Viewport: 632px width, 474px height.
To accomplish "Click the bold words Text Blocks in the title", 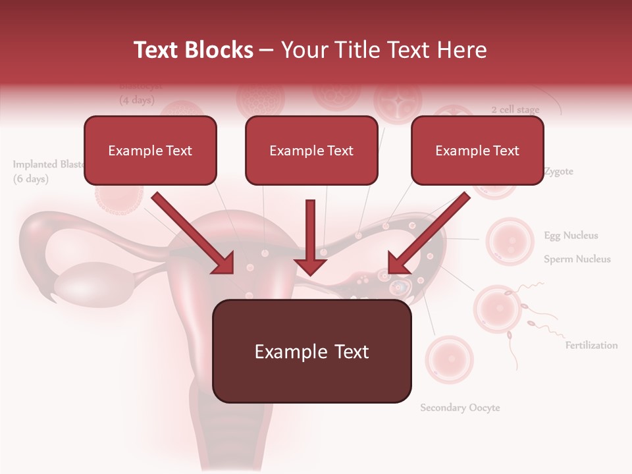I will pyautogui.click(x=193, y=50).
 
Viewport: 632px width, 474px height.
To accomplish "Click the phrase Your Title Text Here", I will pyautogui.click(x=384, y=50).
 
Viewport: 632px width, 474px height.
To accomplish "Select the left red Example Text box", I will pyautogui.click(x=150, y=151).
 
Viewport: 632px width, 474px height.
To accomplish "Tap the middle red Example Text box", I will pyautogui.click(x=311, y=151).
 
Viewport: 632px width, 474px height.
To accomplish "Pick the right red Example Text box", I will pyautogui.click(x=477, y=151).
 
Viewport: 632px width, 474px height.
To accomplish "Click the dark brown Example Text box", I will pyautogui.click(x=311, y=352).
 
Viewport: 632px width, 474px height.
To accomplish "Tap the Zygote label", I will pyautogui.click(x=558, y=172).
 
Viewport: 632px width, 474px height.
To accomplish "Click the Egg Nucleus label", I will pyautogui.click(x=571, y=236).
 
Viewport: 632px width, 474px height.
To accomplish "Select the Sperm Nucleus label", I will pyautogui.click(x=577, y=259).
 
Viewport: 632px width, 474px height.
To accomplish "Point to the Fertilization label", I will pyautogui.click(x=591, y=345).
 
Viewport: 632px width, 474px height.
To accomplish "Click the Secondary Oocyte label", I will pyautogui.click(x=460, y=408).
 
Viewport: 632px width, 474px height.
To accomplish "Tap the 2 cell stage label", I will pyautogui.click(x=515, y=110).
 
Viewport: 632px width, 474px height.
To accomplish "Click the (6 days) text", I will pyautogui.click(x=31, y=179).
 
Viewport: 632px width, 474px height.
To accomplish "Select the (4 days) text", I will pyautogui.click(x=136, y=101).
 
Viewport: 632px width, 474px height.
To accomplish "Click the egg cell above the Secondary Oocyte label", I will pyautogui.click(x=449, y=360).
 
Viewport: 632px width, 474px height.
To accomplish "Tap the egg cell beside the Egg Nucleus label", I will pyautogui.click(x=509, y=242).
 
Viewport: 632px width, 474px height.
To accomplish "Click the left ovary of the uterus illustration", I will pyautogui.click(x=82, y=280).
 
